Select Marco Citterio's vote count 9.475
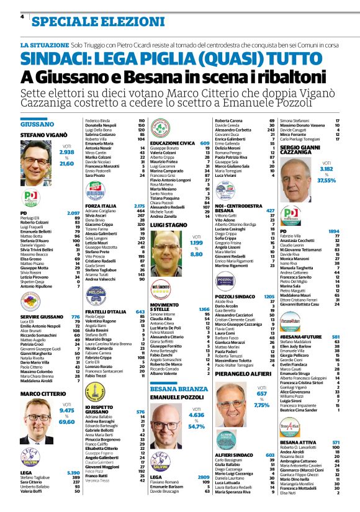tap(66, 410)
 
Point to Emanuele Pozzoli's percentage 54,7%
tap(196, 426)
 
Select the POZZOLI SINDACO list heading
tap(236, 280)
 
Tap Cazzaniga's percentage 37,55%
tap(326, 181)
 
